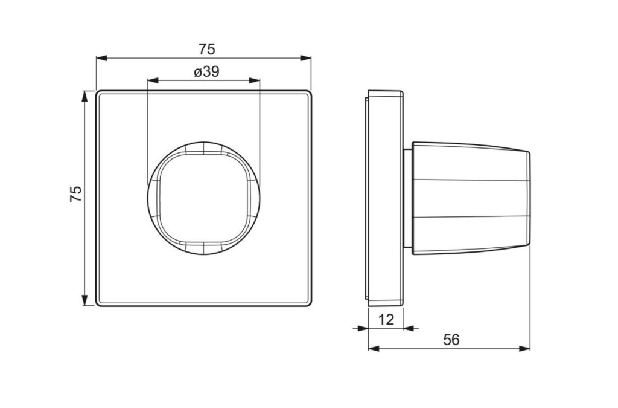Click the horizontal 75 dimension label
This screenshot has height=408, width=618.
pos(206,49)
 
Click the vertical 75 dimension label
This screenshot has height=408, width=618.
pos(76,194)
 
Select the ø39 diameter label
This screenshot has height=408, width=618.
pos(206,72)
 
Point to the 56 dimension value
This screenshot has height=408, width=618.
pos(451,339)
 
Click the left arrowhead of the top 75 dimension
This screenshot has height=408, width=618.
pos(101,58)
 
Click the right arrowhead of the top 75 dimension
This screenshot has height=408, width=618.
pos(306,58)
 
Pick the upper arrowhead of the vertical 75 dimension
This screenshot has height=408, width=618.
pos(84,96)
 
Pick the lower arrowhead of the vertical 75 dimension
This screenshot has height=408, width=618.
pos(84,300)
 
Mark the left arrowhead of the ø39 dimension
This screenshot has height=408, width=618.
pos(153,80)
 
